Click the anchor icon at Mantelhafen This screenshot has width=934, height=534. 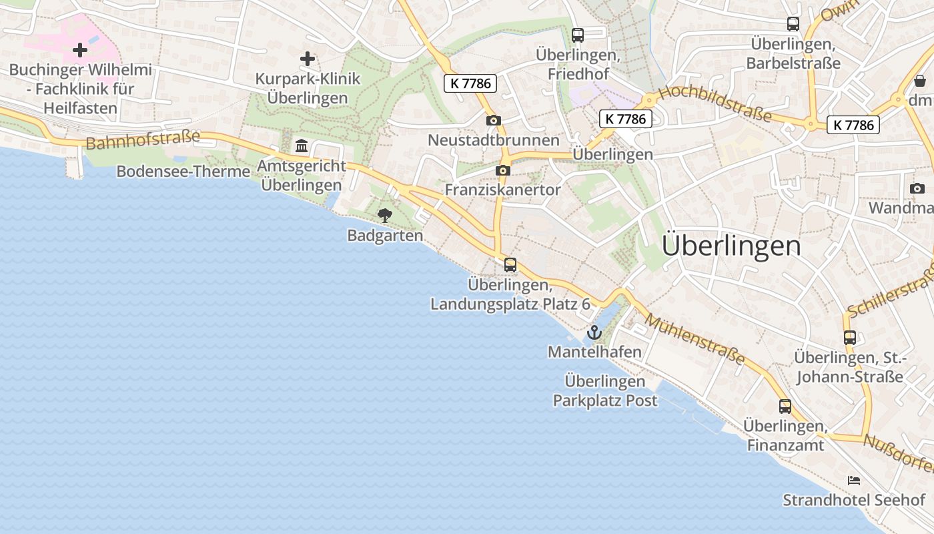[594, 332]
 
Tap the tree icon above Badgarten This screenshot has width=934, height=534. [384, 215]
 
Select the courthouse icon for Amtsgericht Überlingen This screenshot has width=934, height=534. [302, 146]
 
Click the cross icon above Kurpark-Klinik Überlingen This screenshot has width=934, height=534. [307, 59]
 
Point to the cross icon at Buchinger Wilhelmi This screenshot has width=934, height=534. [80, 49]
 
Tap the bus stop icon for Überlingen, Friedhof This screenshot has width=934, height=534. [578, 35]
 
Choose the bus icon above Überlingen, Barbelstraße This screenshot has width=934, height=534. [793, 24]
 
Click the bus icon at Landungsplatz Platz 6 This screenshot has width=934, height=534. [510, 264]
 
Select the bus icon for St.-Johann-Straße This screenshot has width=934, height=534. [849, 337]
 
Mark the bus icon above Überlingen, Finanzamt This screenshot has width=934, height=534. [785, 406]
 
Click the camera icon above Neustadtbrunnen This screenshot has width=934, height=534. [494, 120]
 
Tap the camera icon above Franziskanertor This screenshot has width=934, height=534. [503, 170]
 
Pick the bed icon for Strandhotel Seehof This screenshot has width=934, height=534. [854, 480]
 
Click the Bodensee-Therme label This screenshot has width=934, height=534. [183, 172]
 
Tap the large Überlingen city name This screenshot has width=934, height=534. [731, 246]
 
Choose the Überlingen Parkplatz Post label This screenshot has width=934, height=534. [605, 391]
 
